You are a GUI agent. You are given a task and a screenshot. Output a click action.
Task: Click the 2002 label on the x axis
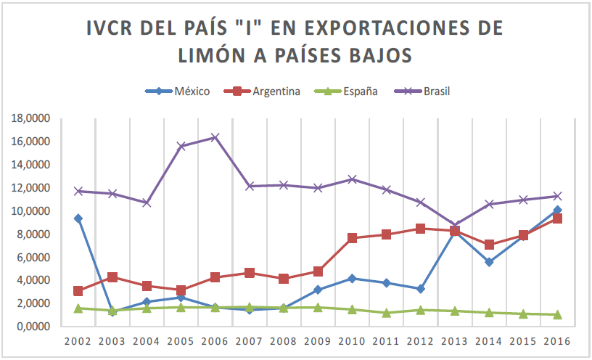click(78, 340)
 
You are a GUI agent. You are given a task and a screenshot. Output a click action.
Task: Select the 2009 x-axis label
click(318, 340)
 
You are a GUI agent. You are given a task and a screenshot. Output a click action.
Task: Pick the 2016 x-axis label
click(557, 340)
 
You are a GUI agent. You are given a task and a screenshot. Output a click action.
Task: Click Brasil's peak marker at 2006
click(215, 137)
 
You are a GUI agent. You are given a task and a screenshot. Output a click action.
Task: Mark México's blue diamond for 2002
click(78, 218)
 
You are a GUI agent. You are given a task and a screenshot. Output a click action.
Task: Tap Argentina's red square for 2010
click(352, 238)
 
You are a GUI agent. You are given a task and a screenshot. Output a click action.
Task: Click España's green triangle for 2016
click(557, 314)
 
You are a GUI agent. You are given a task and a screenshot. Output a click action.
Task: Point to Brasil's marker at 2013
click(455, 226)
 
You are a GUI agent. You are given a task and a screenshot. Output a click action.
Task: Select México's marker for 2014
click(489, 262)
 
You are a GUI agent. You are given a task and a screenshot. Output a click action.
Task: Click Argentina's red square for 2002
click(78, 291)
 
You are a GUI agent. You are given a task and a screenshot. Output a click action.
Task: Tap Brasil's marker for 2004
click(147, 202)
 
